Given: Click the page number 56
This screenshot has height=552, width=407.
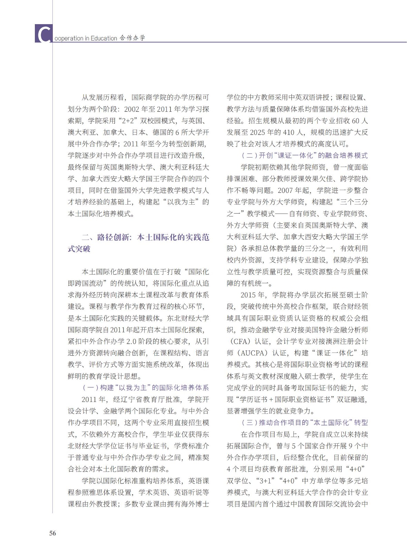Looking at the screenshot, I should pyautogui.click(x=52, y=533).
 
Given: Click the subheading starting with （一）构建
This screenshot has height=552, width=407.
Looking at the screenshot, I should pyautogui.click(x=145, y=388).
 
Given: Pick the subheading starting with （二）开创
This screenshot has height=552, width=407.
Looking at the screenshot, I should pyautogui.click(x=304, y=156).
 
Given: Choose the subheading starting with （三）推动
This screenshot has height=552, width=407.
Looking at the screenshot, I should pyautogui.click(x=304, y=423).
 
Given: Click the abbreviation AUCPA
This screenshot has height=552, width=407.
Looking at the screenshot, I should pyautogui.click(x=252, y=353).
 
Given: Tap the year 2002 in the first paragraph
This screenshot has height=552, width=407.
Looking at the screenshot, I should pyautogui.click(x=131, y=109).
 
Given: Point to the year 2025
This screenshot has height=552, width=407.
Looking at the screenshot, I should pyautogui.click(x=257, y=132).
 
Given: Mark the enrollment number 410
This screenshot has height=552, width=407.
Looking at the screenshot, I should pyautogui.click(x=289, y=132).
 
